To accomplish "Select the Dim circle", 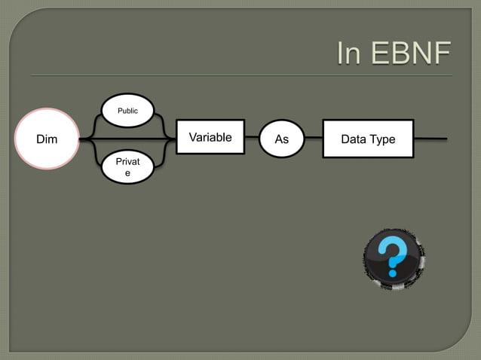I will [x=47, y=139].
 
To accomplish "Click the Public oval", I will [x=127, y=110].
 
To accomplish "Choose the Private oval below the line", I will [x=127, y=167].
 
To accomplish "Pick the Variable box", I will [x=210, y=137].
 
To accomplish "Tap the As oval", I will [x=281, y=139].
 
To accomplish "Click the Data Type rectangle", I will [x=368, y=139].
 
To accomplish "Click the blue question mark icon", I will [x=393, y=258].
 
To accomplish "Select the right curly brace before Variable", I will [x=165, y=139].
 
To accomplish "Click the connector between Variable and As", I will [x=252, y=139].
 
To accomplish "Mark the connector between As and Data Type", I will [x=313, y=139].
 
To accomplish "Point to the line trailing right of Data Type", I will [x=430, y=139].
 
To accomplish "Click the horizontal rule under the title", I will [x=241, y=75].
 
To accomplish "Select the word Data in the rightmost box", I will [x=354, y=139].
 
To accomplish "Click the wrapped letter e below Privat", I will [x=127, y=173].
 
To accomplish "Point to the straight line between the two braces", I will [x=127, y=139].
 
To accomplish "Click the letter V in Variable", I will [x=192, y=137].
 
